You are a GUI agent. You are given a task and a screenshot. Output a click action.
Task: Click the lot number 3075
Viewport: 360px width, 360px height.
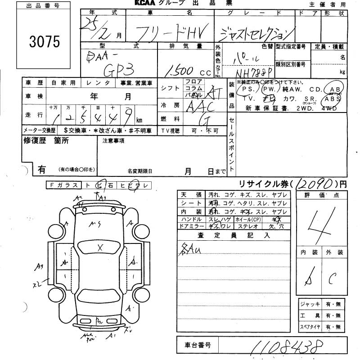[44, 41]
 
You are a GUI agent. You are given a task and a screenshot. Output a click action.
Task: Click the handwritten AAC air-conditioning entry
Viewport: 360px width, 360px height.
[198, 106]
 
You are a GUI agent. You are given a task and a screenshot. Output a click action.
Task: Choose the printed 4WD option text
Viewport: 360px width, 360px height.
[332, 108]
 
